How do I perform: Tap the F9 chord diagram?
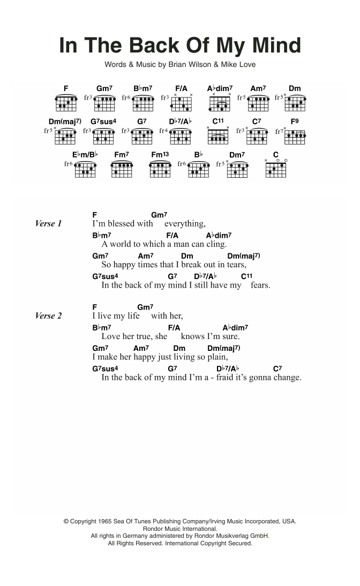(295, 136)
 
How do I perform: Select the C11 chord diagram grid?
(218, 137)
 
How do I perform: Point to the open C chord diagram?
(276, 170)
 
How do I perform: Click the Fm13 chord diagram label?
(159, 155)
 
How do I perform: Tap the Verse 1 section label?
(49, 223)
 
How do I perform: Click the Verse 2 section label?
(49, 315)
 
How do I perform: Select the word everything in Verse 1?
(185, 223)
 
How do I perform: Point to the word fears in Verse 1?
(260, 285)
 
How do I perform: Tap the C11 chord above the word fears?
(246, 276)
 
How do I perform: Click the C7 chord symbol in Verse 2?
(277, 369)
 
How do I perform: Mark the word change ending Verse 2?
(287, 378)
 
